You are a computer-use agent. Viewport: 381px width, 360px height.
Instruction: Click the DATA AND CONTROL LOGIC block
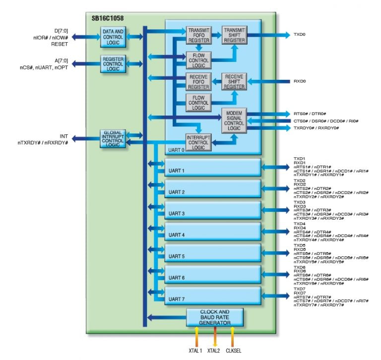click(114, 37)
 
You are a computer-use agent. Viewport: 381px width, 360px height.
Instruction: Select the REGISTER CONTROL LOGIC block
click(114, 64)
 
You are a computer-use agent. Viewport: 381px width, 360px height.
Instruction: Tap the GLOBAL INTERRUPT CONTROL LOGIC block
click(114, 138)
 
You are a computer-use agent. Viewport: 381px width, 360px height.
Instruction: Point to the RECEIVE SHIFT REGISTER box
click(234, 82)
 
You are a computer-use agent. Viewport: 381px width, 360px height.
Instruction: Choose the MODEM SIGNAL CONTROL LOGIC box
click(234, 120)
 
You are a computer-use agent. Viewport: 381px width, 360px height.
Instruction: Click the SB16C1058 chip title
click(108, 18)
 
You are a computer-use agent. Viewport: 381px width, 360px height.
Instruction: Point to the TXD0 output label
click(300, 35)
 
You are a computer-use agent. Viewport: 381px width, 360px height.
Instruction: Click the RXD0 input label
click(300, 81)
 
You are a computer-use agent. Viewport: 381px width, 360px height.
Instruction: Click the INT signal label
click(63, 135)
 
